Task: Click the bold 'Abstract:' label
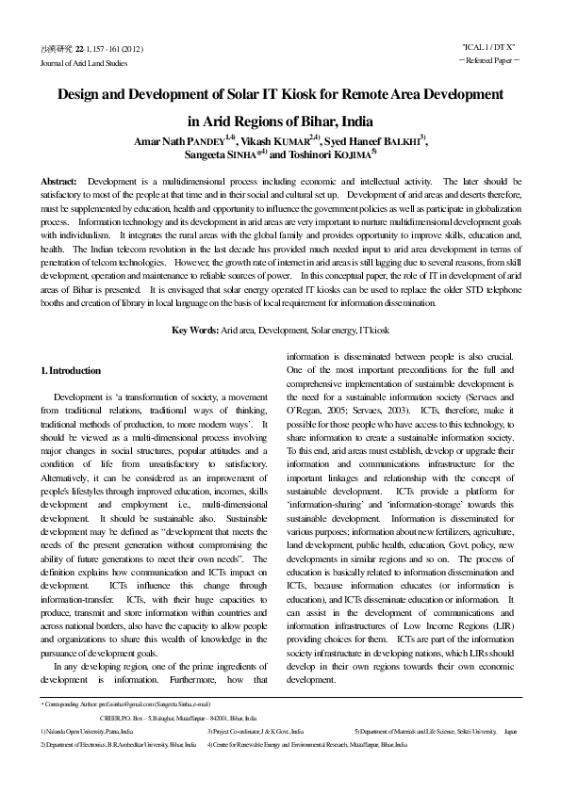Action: pos(58,181)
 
